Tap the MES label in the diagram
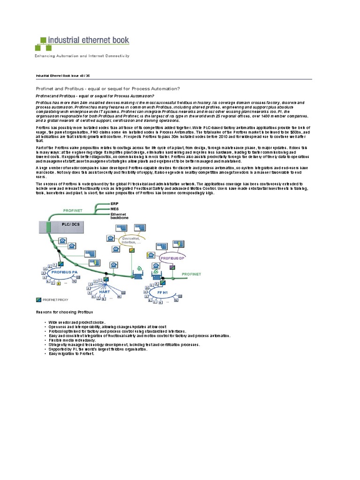(x=115, y=210)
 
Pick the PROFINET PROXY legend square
(x=38, y=299)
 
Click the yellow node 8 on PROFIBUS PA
(x=59, y=283)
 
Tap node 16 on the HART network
(x=119, y=296)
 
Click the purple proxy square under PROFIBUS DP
(x=172, y=267)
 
